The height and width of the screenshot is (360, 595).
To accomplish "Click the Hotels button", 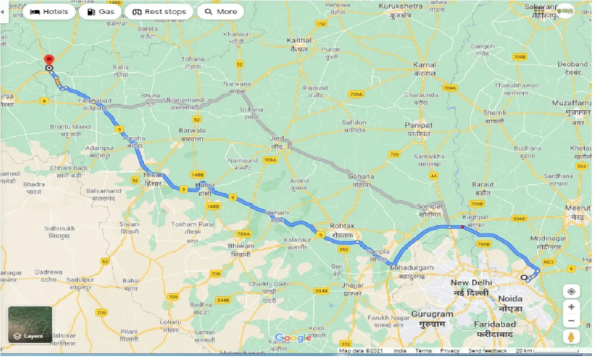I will click(x=49, y=12).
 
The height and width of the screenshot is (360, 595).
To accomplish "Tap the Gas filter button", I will click(x=100, y=12).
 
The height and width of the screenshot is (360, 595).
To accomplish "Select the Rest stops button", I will click(x=159, y=12).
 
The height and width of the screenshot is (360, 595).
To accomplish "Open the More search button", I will click(x=221, y=12).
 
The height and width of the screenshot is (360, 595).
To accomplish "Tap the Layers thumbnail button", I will click(x=30, y=325).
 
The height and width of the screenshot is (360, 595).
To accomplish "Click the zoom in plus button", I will click(x=571, y=307).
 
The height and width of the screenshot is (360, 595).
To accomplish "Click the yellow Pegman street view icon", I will click(x=571, y=336).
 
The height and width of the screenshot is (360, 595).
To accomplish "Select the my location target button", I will click(x=571, y=292).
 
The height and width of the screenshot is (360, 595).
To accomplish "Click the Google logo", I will click(x=293, y=338).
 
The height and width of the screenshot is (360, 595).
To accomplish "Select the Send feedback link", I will click(x=488, y=351).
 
